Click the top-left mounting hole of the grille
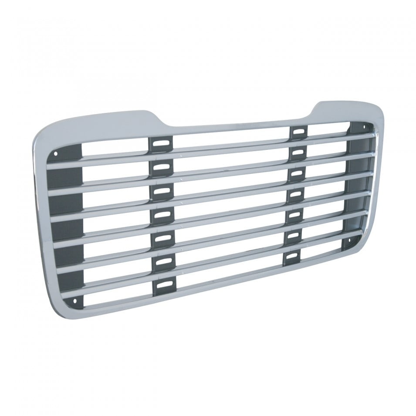pos(55,153)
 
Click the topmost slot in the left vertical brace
pos(161,144)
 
